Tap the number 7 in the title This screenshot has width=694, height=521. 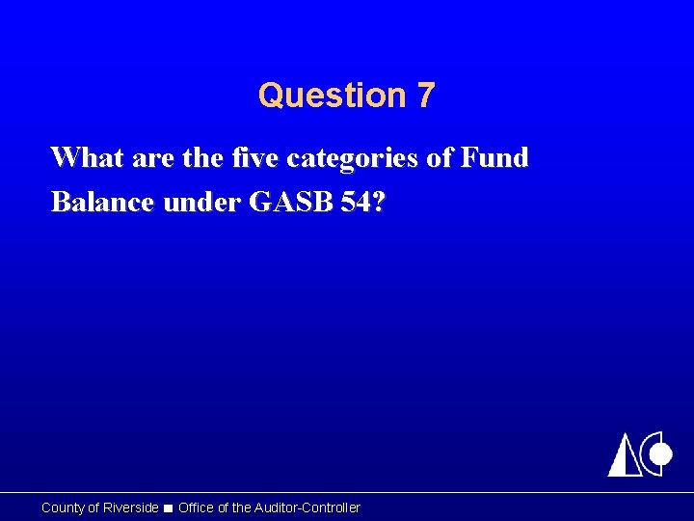coord(426,96)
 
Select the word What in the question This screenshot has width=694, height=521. coord(84,157)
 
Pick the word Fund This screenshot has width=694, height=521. coord(494,157)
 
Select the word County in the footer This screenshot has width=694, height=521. coord(64,507)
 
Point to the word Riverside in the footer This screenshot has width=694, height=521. coord(131,507)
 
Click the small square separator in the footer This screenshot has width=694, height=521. coord(169,508)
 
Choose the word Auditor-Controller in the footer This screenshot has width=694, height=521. coord(309,507)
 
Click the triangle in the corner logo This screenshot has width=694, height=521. coord(625,456)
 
